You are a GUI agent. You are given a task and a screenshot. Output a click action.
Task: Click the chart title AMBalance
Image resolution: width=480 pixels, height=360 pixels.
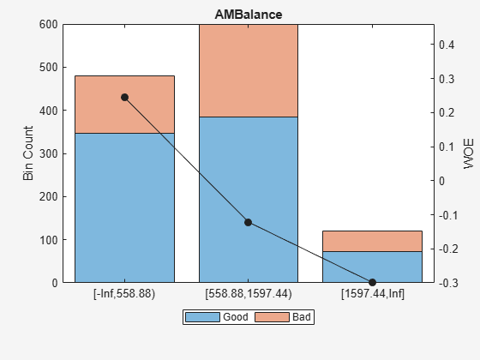coord(249,15)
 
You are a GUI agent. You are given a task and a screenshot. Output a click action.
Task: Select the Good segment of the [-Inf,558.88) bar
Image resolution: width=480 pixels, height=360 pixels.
coord(124,207)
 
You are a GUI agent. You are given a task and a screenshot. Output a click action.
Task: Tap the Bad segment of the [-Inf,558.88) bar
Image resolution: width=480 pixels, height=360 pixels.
coord(124,105)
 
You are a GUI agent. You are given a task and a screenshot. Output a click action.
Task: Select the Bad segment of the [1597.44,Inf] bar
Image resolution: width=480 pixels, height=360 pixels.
coord(372,241)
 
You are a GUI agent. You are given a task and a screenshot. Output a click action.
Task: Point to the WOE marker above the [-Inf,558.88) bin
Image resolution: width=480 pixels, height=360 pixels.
coord(124,98)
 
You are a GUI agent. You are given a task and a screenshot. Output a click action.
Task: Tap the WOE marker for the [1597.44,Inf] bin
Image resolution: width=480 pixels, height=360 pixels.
coord(372,282)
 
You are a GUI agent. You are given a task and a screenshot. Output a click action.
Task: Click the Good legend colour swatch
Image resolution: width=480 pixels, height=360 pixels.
coord(202,317)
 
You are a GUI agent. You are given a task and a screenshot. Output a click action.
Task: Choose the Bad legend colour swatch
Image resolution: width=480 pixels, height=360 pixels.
coord(273,317)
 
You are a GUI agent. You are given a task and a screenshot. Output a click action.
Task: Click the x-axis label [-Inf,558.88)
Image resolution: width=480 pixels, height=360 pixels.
coord(124,293)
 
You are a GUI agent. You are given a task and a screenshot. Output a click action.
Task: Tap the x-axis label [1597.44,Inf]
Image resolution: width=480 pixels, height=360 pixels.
coord(373,293)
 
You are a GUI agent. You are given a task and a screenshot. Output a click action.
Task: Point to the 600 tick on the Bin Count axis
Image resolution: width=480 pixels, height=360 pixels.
coord(49,25)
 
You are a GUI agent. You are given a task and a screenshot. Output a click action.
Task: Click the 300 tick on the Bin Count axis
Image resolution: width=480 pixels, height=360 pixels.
coord(49,153)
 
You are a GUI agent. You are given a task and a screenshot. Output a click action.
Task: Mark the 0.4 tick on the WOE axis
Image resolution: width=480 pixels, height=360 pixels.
coord(447,45)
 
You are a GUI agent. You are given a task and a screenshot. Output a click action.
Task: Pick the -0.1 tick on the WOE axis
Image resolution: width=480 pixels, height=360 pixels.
coord(448,215)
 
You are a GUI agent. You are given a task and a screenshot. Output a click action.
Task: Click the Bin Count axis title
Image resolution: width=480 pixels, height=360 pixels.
coord(28,153)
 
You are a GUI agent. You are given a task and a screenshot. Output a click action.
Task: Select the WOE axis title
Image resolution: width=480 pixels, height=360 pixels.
coord(468,153)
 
